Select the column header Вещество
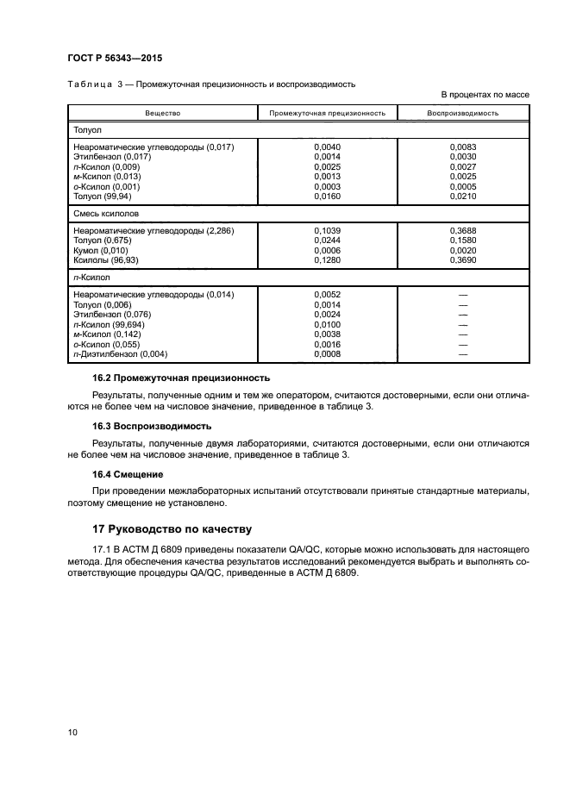162,113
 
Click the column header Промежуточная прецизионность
327,113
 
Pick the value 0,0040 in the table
328,147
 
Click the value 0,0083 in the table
463,147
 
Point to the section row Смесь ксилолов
107,212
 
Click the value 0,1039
328,231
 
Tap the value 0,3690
463,260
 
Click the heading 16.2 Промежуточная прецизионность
181,378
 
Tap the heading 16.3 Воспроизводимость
152,426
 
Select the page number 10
72,733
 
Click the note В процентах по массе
485,94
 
